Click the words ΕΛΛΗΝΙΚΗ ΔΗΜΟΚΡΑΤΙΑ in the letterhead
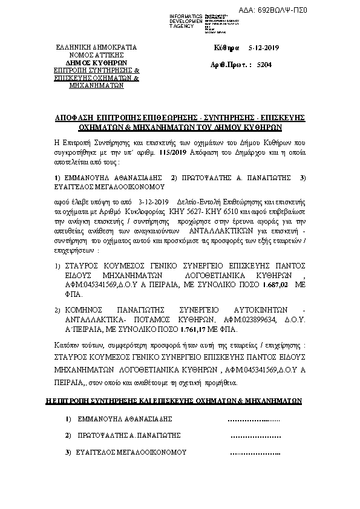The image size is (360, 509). pyautogui.click(x=97, y=47)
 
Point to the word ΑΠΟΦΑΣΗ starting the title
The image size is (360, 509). pyautogui.click(x=71, y=117)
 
